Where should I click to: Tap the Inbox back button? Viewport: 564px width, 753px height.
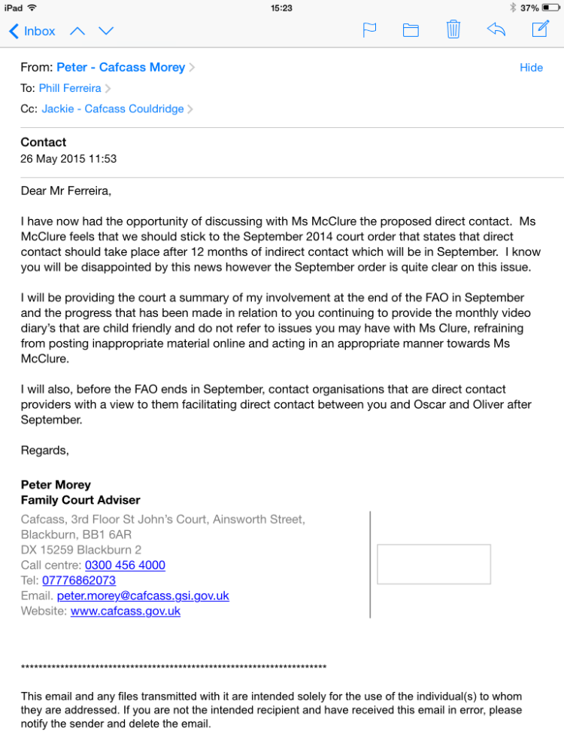(x=32, y=31)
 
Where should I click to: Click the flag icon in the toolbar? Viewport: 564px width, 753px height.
(x=369, y=30)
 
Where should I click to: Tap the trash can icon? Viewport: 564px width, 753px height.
(x=453, y=29)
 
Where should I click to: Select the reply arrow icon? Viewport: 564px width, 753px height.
(x=496, y=29)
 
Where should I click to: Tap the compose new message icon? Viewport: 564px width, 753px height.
(x=540, y=29)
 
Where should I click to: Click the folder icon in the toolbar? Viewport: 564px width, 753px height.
(x=411, y=30)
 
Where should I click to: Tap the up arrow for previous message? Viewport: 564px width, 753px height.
(x=77, y=31)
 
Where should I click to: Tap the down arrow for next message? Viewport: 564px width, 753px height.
(x=106, y=31)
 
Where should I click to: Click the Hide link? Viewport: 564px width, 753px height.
(x=531, y=68)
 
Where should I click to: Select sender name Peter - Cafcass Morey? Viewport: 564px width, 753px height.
(x=120, y=68)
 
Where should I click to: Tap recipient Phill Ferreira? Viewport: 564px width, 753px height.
(x=70, y=88)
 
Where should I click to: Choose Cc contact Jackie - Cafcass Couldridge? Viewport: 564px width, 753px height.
(x=113, y=109)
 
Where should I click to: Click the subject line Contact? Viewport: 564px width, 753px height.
(x=44, y=142)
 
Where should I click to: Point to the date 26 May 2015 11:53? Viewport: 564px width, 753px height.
(x=68, y=159)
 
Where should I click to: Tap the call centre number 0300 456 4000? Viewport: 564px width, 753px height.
(x=125, y=566)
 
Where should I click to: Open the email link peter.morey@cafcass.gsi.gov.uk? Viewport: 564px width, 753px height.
(x=143, y=596)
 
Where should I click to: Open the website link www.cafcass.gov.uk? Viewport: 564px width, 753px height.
(x=126, y=611)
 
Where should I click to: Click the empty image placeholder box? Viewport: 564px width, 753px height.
(x=434, y=564)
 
